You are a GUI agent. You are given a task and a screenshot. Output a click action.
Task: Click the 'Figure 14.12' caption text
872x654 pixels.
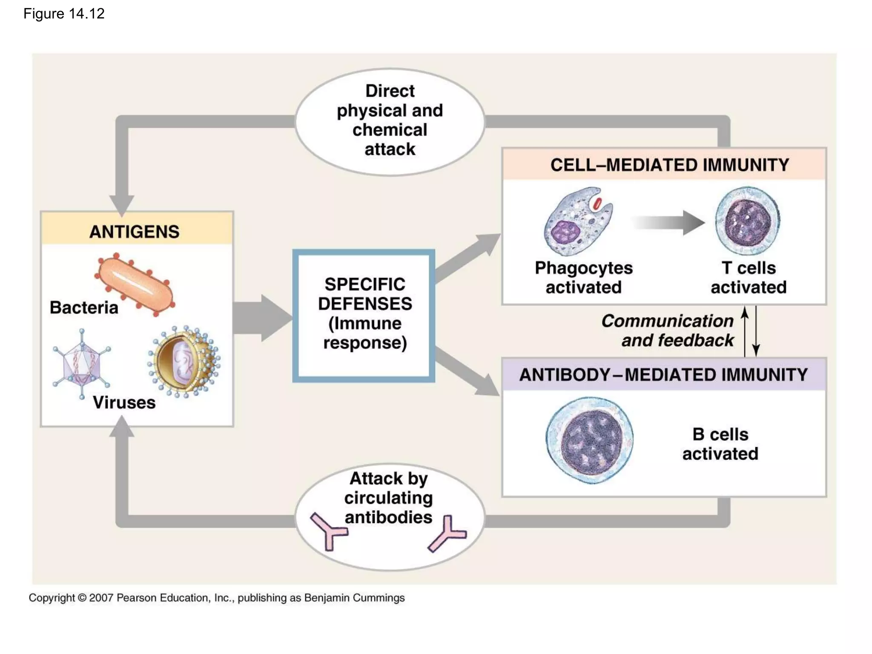click(x=64, y=14)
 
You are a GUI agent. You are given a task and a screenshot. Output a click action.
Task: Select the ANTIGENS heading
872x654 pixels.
click(x=134, y=232)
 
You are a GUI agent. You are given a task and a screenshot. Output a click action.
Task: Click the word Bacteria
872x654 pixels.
click(x=84, y=307)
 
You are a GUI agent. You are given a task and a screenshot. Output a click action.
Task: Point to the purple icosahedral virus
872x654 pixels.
click(x=81, y=364)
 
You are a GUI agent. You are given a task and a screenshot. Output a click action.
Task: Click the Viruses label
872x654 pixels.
click(x=124, y=402)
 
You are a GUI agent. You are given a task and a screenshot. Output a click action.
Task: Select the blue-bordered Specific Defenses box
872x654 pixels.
click(x=364, y=315)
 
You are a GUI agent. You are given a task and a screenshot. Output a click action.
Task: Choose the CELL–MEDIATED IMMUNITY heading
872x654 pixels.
click(x=669, y=165)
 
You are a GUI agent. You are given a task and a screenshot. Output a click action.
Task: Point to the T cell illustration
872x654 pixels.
click(x=748, y=221)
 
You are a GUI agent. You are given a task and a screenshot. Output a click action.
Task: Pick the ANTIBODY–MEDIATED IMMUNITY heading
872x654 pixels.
click(x=663, y=375)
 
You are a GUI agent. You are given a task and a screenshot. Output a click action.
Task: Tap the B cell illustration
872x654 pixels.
click(x=590, y=440)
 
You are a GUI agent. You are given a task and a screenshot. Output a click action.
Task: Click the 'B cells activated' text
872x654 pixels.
click(x=720, y=444)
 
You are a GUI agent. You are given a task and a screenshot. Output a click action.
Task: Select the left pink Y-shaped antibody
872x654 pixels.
click(x=328, y=531)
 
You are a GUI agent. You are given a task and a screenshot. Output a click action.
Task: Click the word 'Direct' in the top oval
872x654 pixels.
click(x=390, y=91)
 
